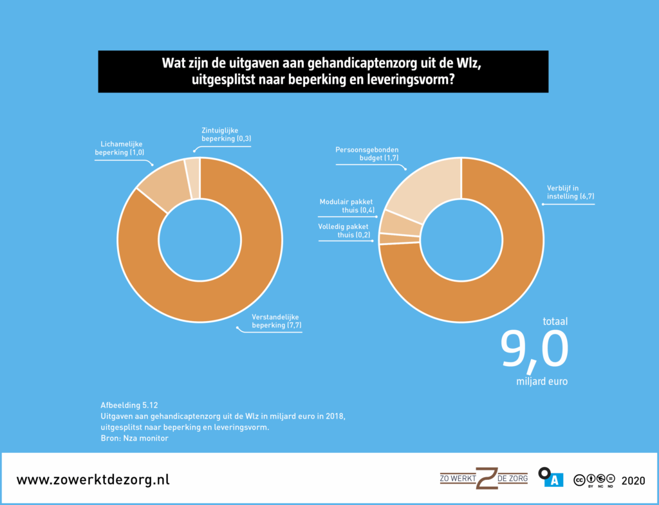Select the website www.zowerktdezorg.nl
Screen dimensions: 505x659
click(x=93, y=480)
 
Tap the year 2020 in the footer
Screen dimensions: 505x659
click(x=634, y=480)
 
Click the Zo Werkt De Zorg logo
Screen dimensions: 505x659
click(x=483, y=478)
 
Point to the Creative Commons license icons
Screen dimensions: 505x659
click(x=594, y=479)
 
